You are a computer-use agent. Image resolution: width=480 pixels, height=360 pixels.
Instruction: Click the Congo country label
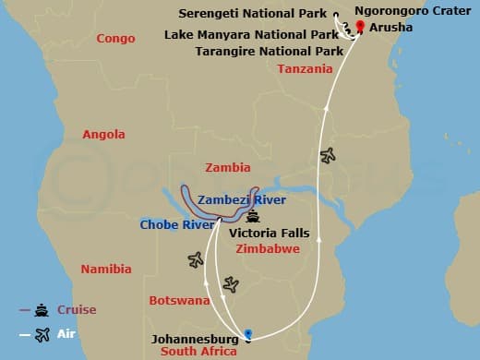(x=115, y=38)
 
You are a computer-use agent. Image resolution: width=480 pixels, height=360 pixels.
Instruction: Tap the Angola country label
(x=103, y=135)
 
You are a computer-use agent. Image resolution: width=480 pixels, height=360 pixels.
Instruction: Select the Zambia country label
(x=228, y=168)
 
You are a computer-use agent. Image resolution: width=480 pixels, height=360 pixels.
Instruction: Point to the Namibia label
(x=106, y=270)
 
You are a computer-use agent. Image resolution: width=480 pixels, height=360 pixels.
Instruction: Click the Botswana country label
(x=179, y=301)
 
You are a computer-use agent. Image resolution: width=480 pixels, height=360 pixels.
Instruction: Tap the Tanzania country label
(x=305, y=70)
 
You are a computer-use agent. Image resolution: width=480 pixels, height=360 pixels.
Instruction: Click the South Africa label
(x=199, y=352)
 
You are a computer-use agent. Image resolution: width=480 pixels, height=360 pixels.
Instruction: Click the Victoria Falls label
(x=269, y=234)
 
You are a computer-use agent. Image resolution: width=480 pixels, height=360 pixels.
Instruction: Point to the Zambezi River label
(x=242, y=199)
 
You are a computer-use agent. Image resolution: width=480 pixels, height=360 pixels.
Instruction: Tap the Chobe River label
(x=171, y=224)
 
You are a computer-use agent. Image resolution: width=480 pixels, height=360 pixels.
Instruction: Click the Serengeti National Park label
(x=267, y=15)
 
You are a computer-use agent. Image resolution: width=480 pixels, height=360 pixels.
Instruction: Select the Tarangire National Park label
(x=264, y=51)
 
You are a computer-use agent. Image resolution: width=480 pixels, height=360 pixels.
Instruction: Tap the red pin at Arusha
(x=360, y=25)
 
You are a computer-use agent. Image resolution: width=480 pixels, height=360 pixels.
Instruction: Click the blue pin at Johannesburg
(x=247, y=333)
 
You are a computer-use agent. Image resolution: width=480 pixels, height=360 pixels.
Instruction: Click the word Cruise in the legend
(x=78, y=310)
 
